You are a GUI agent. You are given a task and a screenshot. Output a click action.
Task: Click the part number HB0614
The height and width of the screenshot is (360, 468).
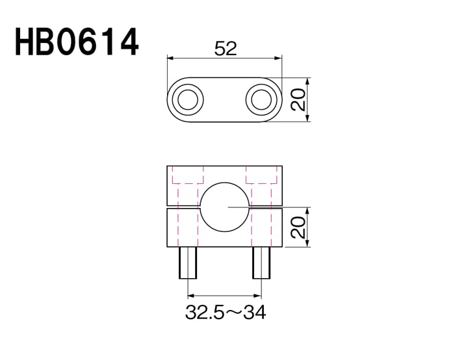tap(77, 42)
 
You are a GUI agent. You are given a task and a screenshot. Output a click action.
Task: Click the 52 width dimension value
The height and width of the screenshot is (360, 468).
tap(226, 49)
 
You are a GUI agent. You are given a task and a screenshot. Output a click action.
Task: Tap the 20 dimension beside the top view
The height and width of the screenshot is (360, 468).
tap(298, 99)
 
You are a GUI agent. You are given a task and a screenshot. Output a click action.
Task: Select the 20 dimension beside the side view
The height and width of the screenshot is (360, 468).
tap(298, 227)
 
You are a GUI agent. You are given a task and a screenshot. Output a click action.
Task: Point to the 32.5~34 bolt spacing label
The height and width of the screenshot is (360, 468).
tap(226, 313)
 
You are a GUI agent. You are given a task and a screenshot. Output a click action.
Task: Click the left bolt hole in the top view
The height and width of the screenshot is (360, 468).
tap(188, 99)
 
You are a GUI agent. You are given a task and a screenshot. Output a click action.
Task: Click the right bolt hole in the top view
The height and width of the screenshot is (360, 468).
tap(261, 99)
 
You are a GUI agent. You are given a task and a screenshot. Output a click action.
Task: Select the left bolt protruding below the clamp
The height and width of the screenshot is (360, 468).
tap(188, 263)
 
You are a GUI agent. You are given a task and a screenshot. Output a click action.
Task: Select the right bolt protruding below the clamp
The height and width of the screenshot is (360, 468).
tap(261, 263)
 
